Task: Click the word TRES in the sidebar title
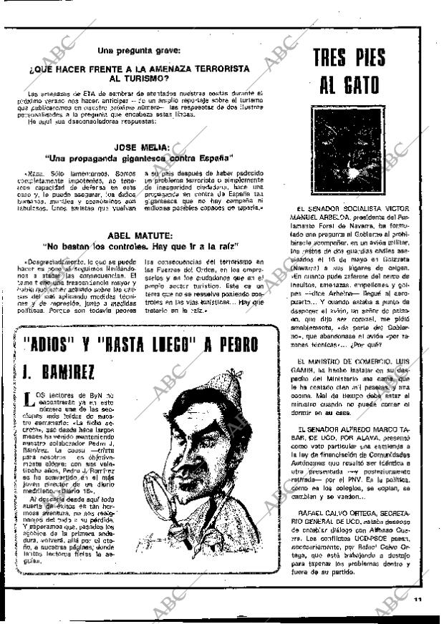[330, 58]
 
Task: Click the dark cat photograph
[348, 150]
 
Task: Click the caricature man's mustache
[193, 487]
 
